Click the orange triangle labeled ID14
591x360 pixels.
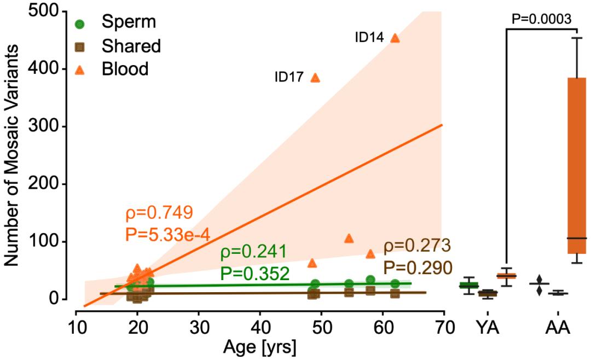395,38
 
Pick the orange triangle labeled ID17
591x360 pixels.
315,78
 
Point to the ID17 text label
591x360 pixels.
289,78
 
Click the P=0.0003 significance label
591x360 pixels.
541,19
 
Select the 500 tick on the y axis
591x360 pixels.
49,11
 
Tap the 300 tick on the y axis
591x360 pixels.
49,126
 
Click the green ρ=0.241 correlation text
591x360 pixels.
253,253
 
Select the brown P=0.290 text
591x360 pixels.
418,268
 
